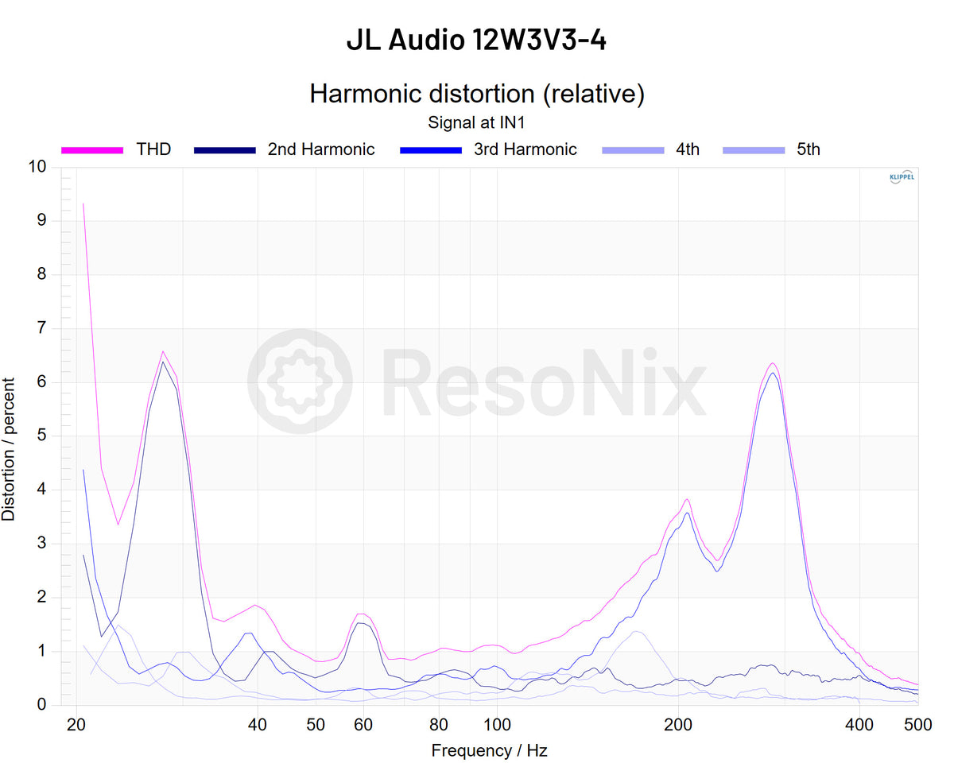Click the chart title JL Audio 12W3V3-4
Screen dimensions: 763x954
tap(476, 39)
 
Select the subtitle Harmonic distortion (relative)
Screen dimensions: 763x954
tap(476, 94)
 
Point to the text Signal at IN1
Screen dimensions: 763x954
tap(476, 123)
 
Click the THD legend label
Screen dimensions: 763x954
tap(153, 149)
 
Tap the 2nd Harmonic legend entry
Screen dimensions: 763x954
tap(320, 149)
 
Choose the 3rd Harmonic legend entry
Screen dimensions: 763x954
tap(525, 149)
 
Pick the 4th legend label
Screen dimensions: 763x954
tap(688, 149)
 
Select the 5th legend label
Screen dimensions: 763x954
tap(809, 149)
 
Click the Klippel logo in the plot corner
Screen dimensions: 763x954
tap(902, 177)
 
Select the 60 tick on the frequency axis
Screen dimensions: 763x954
tap(363, 725)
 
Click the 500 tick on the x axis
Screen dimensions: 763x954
tap(918, 725)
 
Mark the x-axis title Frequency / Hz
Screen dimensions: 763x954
tap(489, 750)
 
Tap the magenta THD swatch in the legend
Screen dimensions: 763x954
tap(93, 149)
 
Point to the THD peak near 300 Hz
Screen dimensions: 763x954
tap(772, 363)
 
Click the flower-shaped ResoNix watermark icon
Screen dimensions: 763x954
tap(300, 381)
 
